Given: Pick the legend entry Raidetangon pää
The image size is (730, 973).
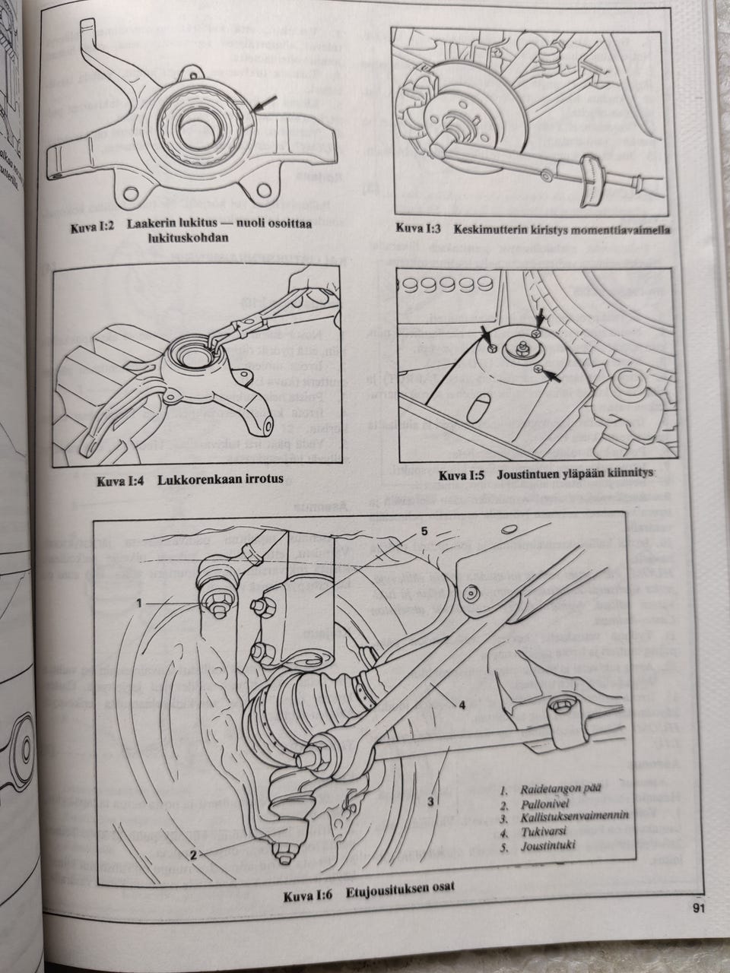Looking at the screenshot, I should [560, 788].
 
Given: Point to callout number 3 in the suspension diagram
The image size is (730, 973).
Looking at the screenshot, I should [431, 800].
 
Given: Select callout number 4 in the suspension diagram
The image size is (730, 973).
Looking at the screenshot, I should [462, 704].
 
